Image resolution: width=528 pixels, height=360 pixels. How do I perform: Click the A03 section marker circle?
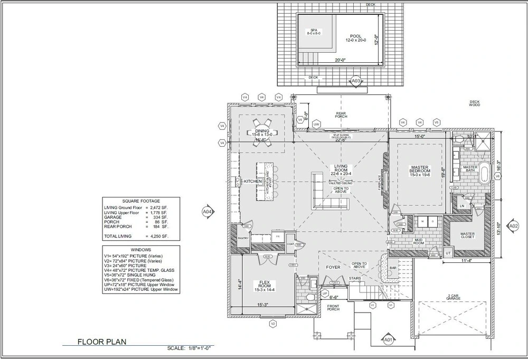coord(356,81)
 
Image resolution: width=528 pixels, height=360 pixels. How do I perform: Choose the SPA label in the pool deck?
coord(314,30)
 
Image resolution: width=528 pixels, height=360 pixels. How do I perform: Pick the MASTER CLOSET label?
coord(467,235)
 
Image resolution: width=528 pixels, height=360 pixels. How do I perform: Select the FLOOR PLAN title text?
coord(102,342)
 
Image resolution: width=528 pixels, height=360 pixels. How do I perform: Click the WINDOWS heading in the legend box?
coord(140,250)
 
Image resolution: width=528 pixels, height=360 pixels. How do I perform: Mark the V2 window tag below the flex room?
coord(273,324)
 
